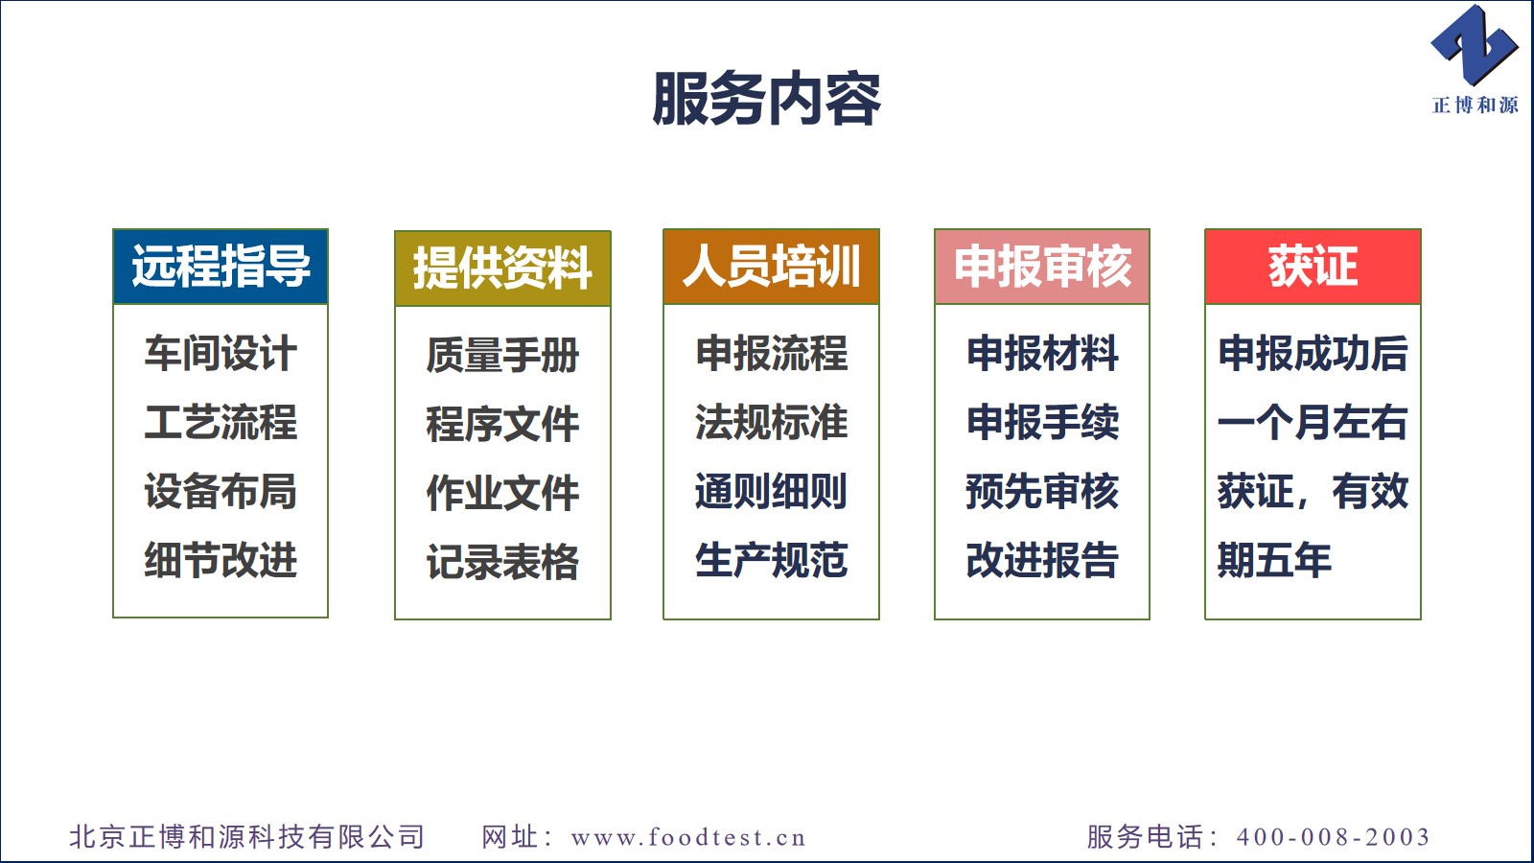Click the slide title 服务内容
766,100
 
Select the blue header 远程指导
221,267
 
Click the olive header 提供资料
502,268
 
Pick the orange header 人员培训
771,267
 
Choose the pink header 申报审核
1042,267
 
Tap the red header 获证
1313,267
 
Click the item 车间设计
221,354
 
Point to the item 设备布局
221,491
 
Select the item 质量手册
502,355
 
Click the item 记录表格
502,562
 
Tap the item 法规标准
771,422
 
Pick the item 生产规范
771,560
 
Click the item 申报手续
1042,422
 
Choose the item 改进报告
1042,560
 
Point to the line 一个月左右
1313,422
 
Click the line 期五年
1274,560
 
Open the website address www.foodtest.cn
688,837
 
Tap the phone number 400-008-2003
1334,837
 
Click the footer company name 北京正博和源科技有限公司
247,837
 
